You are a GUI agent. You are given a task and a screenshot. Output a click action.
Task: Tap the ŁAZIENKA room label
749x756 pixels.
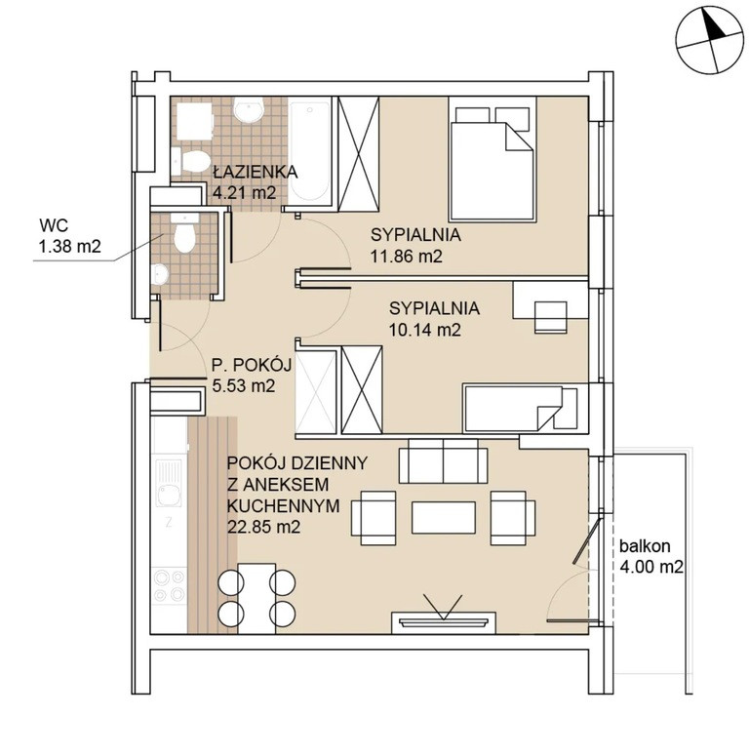[255, 172]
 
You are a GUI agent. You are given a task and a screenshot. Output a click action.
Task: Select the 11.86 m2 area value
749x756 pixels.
[407, 256]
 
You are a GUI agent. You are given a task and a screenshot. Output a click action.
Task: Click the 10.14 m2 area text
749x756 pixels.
[424, 330]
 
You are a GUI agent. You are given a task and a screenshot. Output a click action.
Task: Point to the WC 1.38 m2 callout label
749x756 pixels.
[70, 236]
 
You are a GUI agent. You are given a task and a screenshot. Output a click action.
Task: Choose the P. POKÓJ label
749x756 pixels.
[252, 365]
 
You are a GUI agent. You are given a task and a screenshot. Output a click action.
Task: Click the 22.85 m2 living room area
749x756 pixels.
[263, 527]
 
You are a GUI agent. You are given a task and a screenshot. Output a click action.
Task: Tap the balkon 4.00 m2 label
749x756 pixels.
[651, 556]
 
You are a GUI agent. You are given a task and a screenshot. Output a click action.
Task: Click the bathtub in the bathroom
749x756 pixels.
[309, 150]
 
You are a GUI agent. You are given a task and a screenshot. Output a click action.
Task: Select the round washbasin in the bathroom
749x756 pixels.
[249, 109]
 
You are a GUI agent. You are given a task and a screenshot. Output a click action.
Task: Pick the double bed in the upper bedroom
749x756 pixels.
[493, 159]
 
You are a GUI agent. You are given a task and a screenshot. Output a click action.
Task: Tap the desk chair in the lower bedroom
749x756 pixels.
[550, 317]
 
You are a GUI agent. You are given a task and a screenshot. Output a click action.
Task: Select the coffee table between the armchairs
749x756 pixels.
[444, 517]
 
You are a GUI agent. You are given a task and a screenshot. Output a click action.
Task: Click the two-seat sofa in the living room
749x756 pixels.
[443, 460]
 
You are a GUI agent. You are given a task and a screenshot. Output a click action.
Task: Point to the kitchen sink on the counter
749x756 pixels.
[169, 483]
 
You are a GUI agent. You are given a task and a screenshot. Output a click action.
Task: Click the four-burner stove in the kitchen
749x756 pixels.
[169, 586]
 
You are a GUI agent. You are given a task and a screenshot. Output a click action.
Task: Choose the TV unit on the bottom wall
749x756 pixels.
[444, 622]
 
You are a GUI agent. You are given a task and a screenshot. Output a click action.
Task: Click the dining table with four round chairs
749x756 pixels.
[256, 598]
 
